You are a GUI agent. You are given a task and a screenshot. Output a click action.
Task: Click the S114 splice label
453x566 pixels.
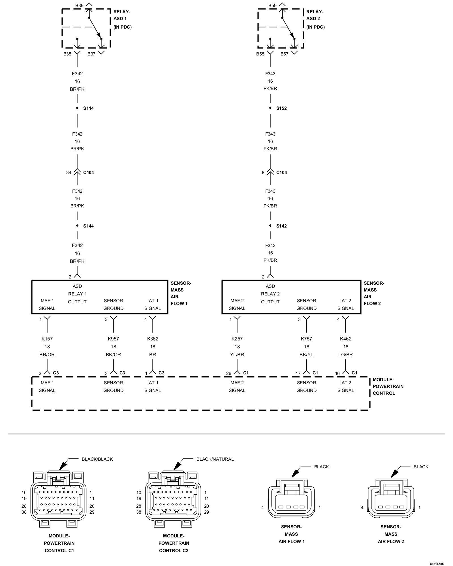coord(88,108)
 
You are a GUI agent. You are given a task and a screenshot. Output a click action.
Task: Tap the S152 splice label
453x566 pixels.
coord(281,108)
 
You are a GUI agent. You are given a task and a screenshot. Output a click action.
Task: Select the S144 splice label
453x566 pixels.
coord(88,226)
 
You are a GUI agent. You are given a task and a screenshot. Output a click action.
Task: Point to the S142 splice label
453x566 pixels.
coord(281,226)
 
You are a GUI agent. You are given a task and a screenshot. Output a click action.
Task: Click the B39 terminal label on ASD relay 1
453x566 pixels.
coord(79,6)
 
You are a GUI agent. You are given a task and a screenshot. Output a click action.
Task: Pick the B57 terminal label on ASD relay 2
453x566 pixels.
coord(284,54)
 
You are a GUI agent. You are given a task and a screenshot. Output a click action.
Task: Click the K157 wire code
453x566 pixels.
coord(47,339)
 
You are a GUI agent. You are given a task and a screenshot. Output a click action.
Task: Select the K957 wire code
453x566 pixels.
coord(113,339)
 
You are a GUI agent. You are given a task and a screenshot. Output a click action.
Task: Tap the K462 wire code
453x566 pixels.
coord(346,339)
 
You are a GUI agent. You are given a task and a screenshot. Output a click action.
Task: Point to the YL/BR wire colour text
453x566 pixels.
coord(237,355)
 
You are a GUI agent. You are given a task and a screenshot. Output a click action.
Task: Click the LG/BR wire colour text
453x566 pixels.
coord(346,355)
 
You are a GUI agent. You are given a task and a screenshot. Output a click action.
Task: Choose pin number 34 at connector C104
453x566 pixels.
coord(69,172)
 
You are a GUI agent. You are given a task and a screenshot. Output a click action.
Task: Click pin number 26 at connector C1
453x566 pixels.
coord(229,374)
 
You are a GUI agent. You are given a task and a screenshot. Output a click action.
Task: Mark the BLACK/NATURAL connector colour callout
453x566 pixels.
coord(215,459)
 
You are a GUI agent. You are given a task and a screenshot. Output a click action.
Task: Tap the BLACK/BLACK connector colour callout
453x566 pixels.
coord(97,459)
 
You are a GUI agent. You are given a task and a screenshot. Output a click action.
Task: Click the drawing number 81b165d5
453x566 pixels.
coord(436,563)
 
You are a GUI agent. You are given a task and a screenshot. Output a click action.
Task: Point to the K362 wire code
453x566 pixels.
coord(153,339)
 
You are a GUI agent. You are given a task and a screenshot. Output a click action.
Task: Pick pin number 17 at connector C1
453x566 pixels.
coord(298,374)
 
